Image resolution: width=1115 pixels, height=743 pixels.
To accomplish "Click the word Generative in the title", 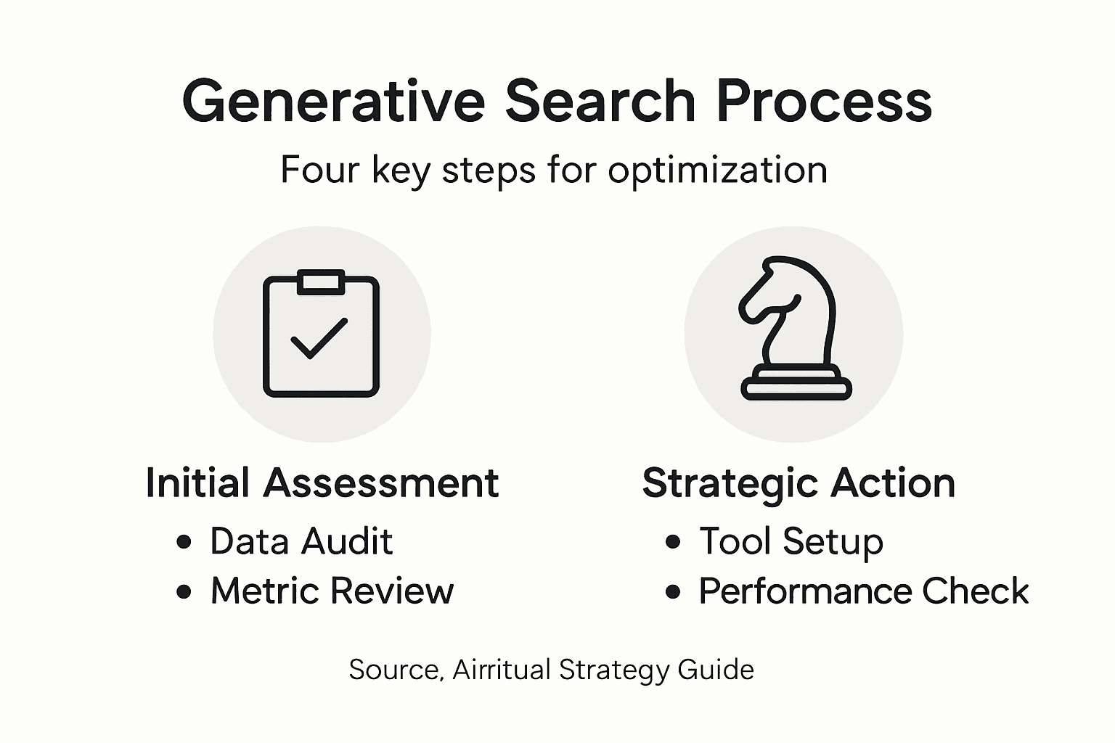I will click(x=333, y=102).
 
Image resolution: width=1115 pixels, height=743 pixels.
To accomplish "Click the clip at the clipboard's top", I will click(x=321, y=282).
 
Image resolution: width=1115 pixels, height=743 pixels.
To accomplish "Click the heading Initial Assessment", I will click(x=322, y=483).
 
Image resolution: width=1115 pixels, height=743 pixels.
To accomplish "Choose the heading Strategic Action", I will click(x=799, y=483).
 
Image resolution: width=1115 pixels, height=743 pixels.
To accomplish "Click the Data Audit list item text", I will click(x=301, y=541).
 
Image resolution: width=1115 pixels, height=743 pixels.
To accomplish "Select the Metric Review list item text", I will click(x=332, y=591).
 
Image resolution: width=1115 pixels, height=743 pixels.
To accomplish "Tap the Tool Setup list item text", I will click(x=791, y=541).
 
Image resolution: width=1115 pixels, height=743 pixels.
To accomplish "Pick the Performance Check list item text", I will click(x=863, y=591).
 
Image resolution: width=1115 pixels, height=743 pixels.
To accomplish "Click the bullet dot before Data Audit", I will click(x=184, y=542).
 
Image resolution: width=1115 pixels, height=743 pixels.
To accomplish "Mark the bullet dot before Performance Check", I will click(x=673, y=591).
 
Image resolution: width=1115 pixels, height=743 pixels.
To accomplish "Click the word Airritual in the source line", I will click(x=502, y=669).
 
